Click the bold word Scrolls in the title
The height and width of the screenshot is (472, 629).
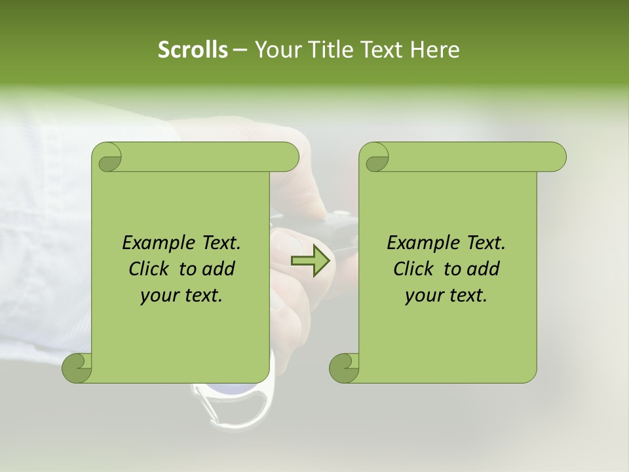[193, 50]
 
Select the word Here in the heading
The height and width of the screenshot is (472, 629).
[434, 50]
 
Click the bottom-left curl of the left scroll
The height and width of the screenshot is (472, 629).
[77, 367]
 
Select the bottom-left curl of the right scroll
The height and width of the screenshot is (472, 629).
[343, 367]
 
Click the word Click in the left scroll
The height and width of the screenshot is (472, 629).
[150, 269]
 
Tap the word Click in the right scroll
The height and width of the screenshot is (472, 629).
[415, 269]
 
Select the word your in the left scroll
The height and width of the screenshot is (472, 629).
[158, 296]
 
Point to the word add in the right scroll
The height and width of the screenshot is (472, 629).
[482, 269]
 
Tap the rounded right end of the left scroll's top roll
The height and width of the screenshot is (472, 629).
[289, 157]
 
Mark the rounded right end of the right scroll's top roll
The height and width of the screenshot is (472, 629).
[556, 157]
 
